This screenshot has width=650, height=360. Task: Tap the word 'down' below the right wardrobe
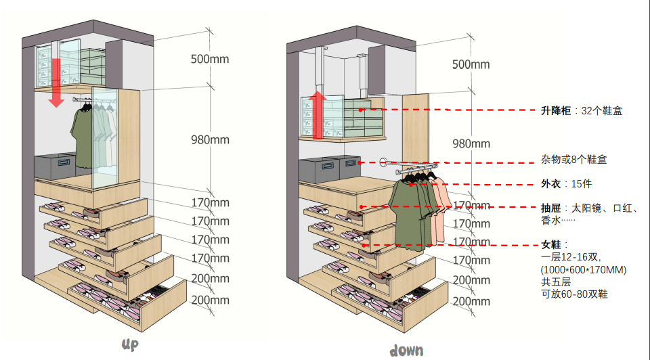coord(406,350)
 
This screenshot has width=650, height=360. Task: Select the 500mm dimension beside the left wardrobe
coord(210,59)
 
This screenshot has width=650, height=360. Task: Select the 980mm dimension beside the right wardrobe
coord(471,143)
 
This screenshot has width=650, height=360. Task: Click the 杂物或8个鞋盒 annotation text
coord(573,160)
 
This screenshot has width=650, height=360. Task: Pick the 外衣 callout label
coord(549,184)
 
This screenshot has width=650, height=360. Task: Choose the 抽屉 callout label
coord(549,208)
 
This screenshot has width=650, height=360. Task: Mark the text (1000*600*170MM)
coord(584,269)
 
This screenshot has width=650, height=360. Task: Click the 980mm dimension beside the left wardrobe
coord(210,140)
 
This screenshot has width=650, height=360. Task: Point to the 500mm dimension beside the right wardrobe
coord(471,64)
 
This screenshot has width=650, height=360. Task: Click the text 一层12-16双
coord(570,257)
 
